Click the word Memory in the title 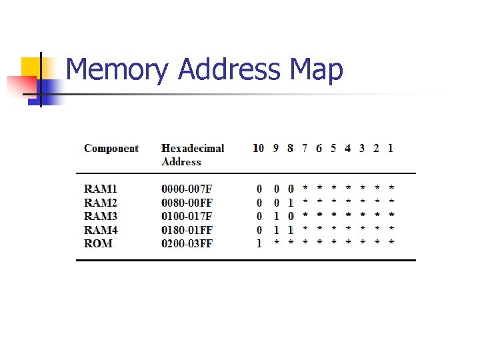tap(118, 70)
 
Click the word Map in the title tap(317, 70)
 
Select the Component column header tap(111, 148)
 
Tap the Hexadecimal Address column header tap(193, 155)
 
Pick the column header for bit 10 tap(258, 148)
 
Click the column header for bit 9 tap(276, 148)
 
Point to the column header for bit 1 tap(391, 148)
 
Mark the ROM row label tap(98, 243)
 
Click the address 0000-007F tap(187, 189)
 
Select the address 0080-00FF tap(187, 203)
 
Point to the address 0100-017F tap(187, 216)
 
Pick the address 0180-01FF tap(187, 230)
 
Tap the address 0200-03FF tap(187, 243)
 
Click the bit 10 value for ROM tap(259, 243)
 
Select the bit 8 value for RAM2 tap(290, 203)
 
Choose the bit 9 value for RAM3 tap(276, 216)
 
